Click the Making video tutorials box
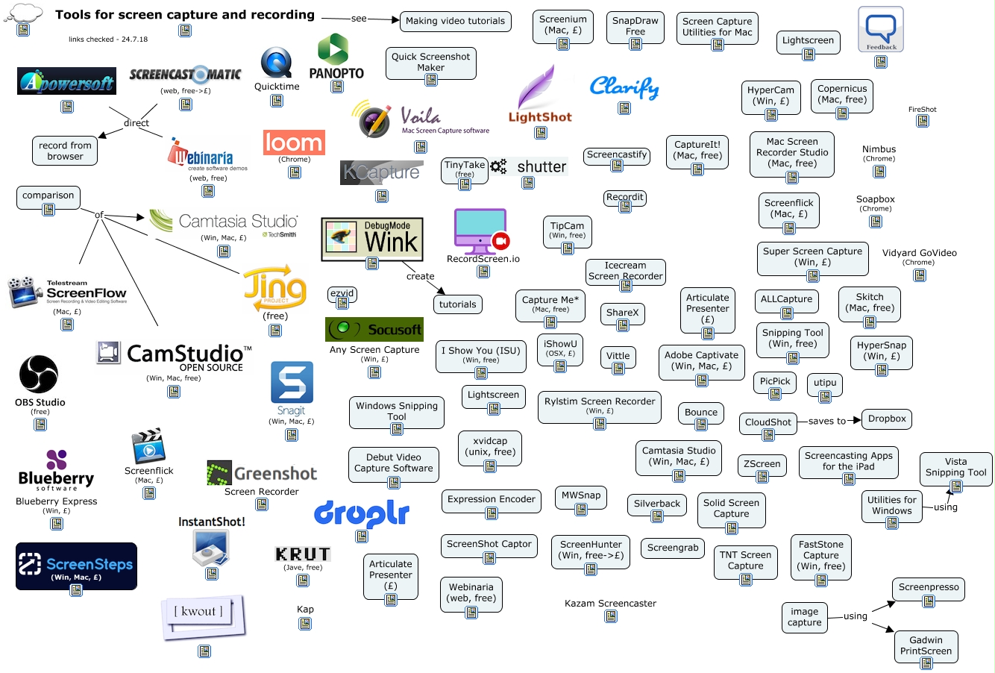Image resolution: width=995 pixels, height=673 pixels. click(455, 21)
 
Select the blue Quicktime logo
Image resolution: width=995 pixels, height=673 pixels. click(276, 63)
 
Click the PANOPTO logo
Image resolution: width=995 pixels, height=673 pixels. click(336, 56)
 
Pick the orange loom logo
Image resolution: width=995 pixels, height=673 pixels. click(294, 142)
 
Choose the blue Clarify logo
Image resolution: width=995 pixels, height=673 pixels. click(624, 87)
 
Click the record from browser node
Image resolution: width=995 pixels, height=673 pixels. click(65, 151)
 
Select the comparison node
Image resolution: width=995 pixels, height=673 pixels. click(48, 195)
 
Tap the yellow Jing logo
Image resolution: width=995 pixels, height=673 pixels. click(274, 288)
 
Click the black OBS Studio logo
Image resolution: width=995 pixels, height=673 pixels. click(39, 374)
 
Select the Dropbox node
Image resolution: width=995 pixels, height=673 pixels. click(886, 419)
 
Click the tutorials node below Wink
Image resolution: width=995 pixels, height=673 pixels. click(457, 304)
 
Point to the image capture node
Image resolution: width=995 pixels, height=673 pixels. click(804, 617)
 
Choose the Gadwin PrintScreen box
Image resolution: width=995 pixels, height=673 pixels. click(925, 645)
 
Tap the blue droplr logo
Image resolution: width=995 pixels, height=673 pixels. click(361, 513)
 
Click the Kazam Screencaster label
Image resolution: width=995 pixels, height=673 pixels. click(610, 604)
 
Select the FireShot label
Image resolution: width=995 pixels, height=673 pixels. click(922, 110)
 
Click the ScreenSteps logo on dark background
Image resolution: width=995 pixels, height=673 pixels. click(76, 565)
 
